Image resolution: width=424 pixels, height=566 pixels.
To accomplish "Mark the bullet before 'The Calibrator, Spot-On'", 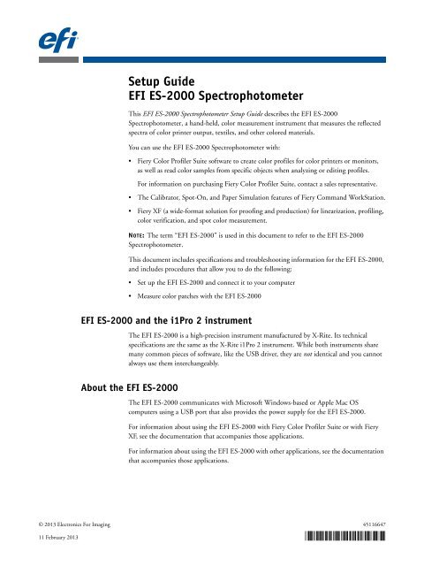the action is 131,210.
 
